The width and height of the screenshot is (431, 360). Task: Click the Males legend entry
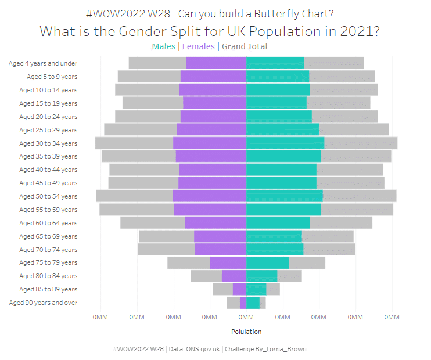click(164, 47)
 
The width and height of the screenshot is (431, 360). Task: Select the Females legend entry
click(199, 47)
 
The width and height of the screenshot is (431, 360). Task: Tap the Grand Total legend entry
click(244, 47)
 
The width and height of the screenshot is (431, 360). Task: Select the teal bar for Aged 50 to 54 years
click(284, 196)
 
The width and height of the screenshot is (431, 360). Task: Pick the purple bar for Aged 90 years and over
click(243, 303)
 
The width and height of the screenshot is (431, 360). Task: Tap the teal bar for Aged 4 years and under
click(275, 63)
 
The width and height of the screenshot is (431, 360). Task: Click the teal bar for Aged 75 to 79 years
click(267, 263)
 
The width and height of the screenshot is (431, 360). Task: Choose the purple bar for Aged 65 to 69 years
click(220, 236)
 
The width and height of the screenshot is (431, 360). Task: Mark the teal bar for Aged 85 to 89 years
click(256, 289)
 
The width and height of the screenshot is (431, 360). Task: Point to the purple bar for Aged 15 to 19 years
click(214, 103)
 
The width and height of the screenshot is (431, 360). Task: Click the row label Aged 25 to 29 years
click(48, 130)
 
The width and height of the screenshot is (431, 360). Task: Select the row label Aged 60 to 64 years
click(48, 223)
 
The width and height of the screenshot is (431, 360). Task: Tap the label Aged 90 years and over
click(43, 303)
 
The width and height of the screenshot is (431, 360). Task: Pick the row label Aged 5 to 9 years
click(52, 77)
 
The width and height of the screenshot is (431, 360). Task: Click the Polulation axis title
click(246, 332)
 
